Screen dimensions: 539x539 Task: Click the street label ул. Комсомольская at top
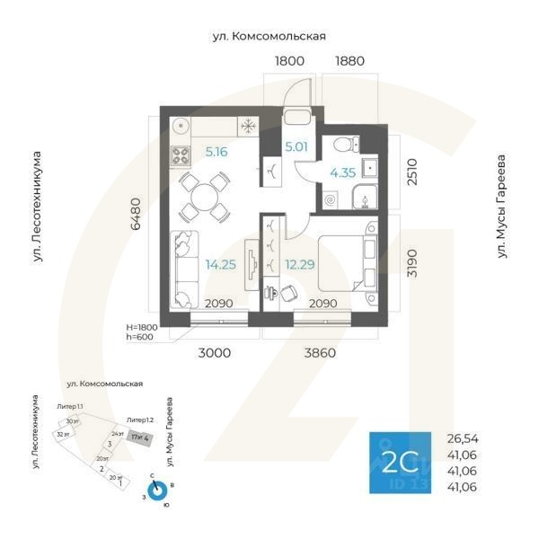(268, 36)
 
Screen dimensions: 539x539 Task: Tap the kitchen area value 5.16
(216, 152)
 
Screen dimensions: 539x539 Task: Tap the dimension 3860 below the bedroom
(319, 353)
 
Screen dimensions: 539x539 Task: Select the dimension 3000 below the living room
(215, 353)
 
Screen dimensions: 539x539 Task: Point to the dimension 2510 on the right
(411, 172)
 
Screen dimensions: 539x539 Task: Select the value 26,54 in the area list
(464, 438)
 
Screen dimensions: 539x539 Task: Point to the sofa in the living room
(184, 267)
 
